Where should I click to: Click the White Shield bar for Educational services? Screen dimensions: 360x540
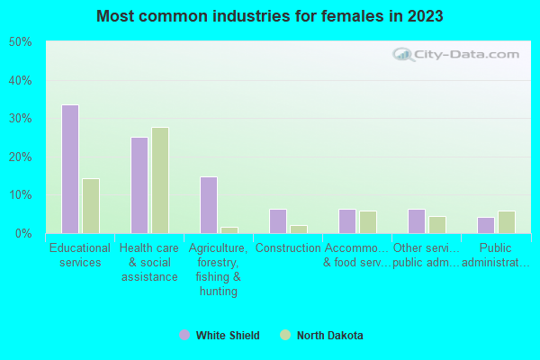pyautogui.click(x=70, y=169)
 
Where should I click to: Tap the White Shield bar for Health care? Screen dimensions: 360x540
pyautogui.click(x=139, y=185)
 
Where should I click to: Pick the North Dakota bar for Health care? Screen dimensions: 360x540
pyautogui.click(x=160, y=180)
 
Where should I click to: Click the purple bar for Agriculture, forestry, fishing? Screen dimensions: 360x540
pyautogui.click(x=209, y=205)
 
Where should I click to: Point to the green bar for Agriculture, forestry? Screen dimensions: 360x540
pyautogui.click(x=229, y=230)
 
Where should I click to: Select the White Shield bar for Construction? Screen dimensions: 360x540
pyautogui.click(x=278, y=221)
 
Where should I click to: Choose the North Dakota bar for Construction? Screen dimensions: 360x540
pyautogui.click(x=299, y=229)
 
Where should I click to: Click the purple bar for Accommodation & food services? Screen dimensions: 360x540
pyautogui.click(x=347, y=221)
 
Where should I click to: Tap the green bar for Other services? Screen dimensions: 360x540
pyautogui.click(x=437, y=225)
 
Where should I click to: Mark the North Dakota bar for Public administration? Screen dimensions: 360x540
pyautogui.click(x=507, y=222)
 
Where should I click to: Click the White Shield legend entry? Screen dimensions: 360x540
pyautogui.click(x=220, y=336)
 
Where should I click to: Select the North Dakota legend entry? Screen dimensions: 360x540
pyautogui.click(x=321, y=336)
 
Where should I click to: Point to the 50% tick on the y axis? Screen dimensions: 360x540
pyautogui.click(x=20, y=42)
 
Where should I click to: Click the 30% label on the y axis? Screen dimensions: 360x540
pyautogui.click(x=20, y=119)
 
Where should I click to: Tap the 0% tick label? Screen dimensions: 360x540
pyautogui.click(x=22, y=234)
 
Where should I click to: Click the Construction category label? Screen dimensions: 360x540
pyautogui.click(x=288, y=248)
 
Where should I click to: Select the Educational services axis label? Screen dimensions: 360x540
pyautogui.click(x=80, y=256)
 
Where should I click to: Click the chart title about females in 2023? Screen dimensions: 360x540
pyautogui.click(x=270, y=16)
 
